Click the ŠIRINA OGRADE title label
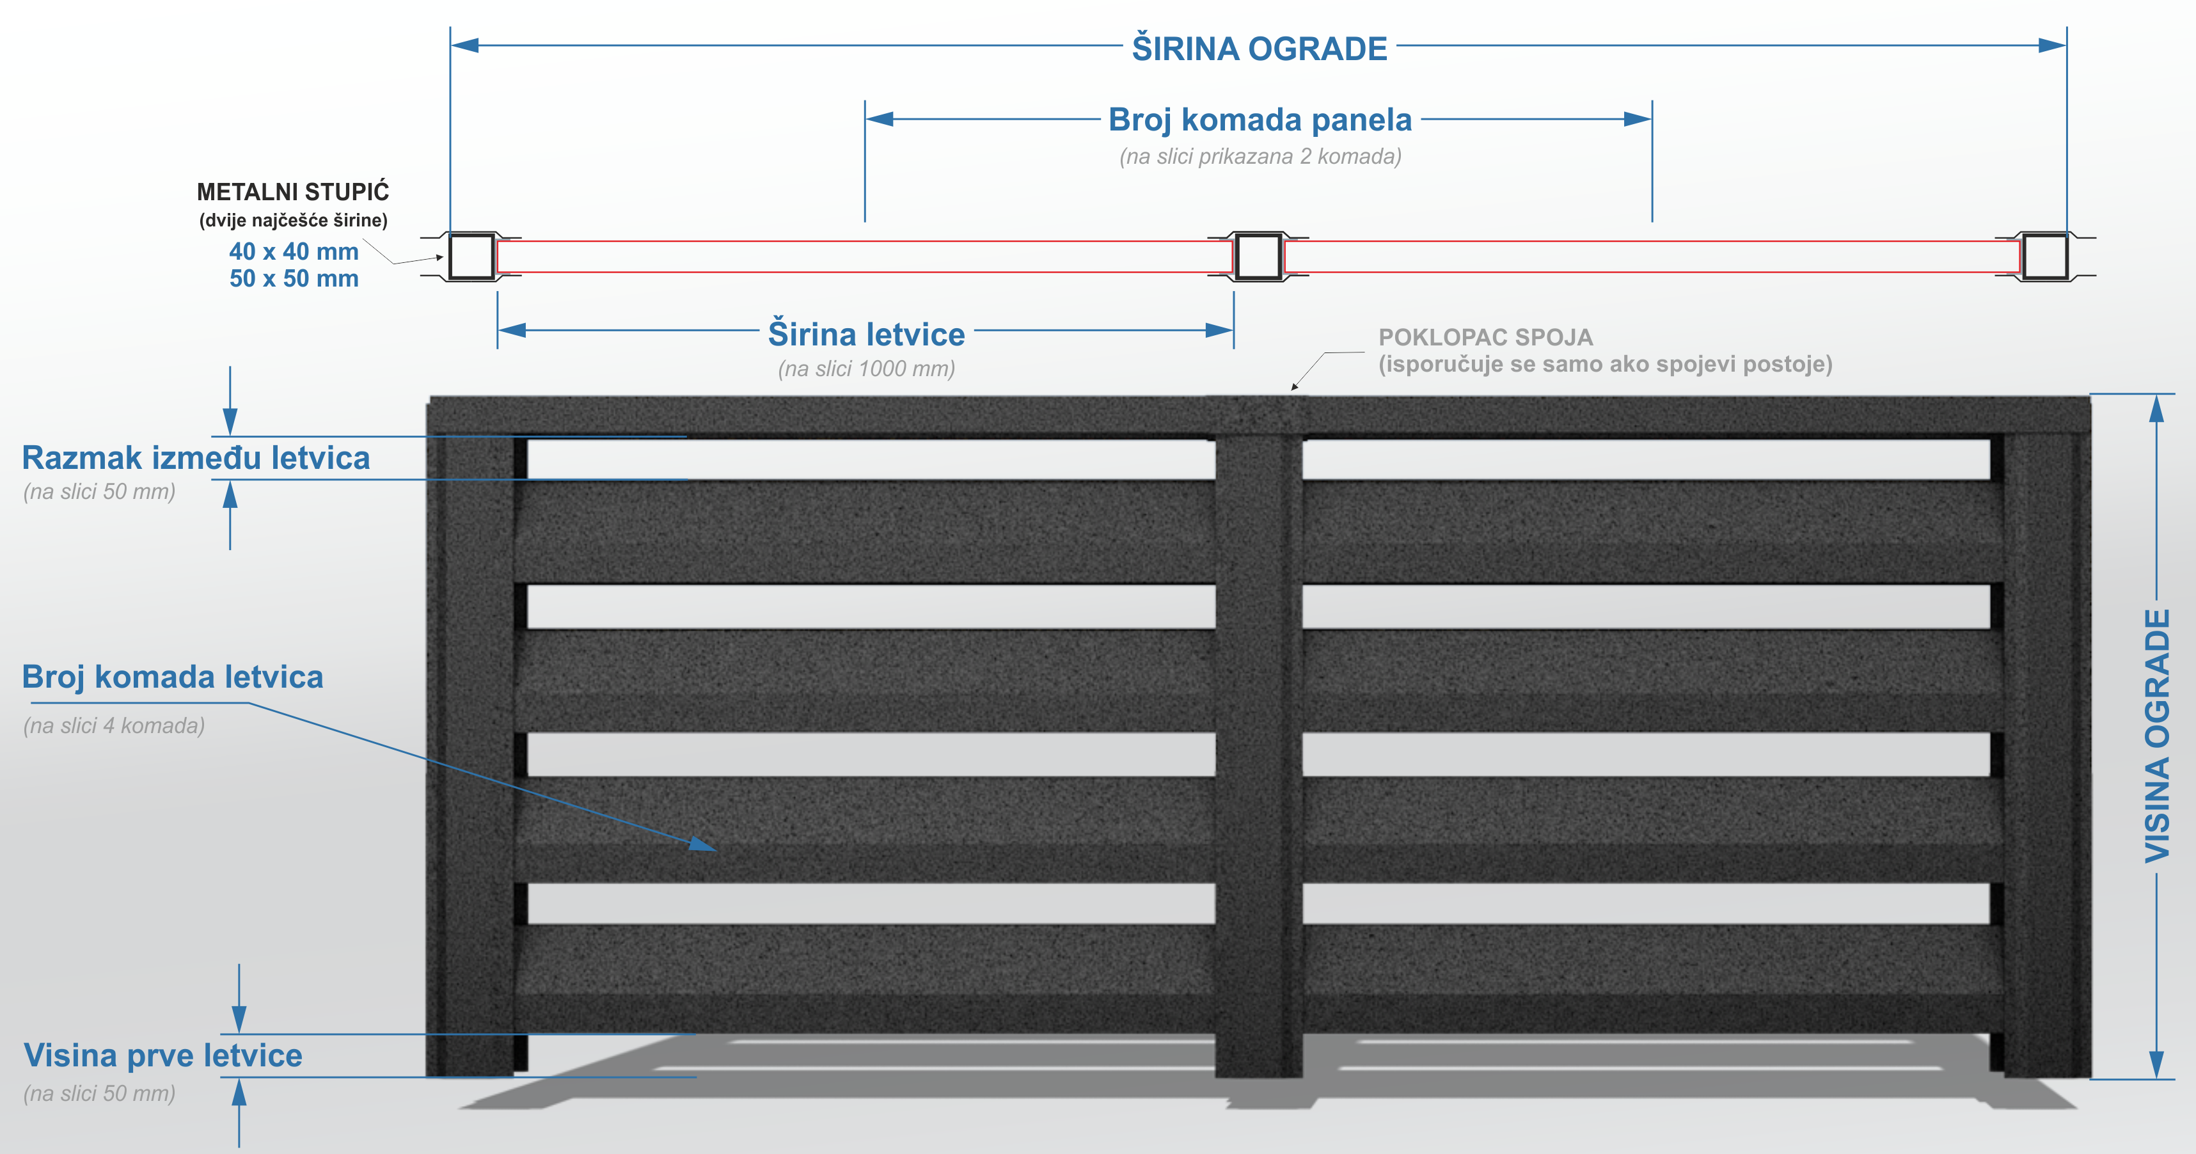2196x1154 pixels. coord(1259,49)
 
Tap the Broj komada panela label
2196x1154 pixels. coord(1260,120)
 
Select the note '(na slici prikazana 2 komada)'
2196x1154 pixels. coord(1260,157)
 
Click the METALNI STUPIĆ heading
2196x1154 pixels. coord(293,192)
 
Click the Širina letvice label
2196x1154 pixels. coord(866,334)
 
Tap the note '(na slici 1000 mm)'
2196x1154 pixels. coord(866,369)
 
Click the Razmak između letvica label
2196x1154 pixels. coord(196,457)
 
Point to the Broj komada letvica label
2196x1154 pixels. coord(172,677)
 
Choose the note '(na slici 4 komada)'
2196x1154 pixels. coord(115,726)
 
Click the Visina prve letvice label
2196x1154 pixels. coord(163,1055)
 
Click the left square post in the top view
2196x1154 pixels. coord(471,256)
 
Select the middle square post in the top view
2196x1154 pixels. coord(1258,256)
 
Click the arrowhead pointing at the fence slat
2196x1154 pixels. coord(703,844)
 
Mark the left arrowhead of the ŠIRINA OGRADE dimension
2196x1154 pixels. coord(464,45)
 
